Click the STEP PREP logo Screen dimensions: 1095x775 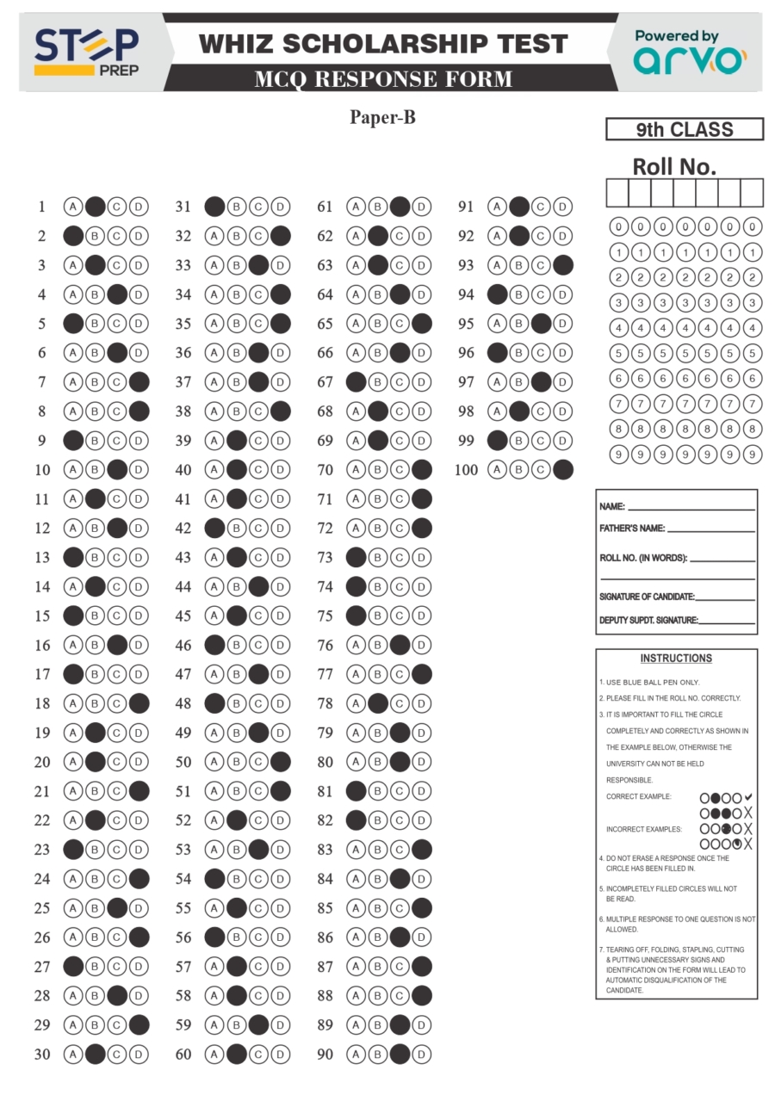(x=86, y=52)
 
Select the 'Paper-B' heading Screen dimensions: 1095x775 (x=382, y=117)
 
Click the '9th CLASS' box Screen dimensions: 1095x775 (x=685, y=130)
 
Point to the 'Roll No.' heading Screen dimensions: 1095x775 (x=674, y=166)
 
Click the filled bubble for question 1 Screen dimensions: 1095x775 (x=96, y=207)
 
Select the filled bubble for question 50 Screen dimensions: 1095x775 (x=280, y=762)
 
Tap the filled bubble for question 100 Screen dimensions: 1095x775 (x=563, y=470)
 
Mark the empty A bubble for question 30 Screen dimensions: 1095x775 (x=73, y=1055)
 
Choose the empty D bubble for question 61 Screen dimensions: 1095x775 (x=421, y=207)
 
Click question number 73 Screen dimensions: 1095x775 (x=325, y=558)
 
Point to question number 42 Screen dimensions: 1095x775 (x=183, y=529)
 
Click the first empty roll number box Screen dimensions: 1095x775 (x=617, y=193)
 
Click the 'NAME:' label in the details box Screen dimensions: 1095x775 (x=612, y=507)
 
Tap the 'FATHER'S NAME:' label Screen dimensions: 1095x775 (x=632, y=529)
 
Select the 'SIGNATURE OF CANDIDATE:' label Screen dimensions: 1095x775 (x=647, y=597)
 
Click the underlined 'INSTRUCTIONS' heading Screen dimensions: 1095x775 (x=676, y=659)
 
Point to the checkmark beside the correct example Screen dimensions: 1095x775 (x=748, y=797)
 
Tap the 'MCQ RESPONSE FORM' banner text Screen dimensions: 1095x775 (x=383, y=79)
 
